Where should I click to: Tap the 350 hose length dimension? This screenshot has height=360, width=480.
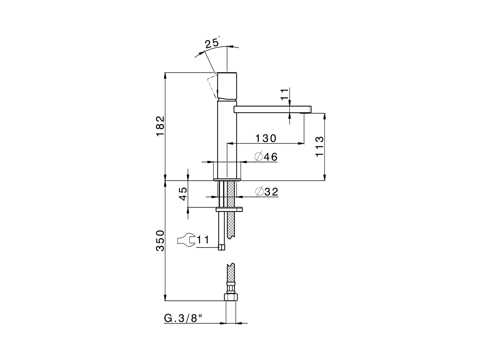(160, 241)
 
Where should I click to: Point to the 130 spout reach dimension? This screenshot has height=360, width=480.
(266, 138)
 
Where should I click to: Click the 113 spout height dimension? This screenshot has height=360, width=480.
(319, 147)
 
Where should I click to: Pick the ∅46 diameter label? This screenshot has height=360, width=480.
(266, 157)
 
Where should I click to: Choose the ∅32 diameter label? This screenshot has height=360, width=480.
(266, 192)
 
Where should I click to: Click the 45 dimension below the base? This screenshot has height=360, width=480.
(183, 193)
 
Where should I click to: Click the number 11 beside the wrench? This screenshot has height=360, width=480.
(202, 240)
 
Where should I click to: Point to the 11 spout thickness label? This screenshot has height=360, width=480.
(285, 94)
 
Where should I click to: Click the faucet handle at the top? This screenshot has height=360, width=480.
(228, 85)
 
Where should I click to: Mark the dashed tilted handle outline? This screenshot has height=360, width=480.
(213, 86)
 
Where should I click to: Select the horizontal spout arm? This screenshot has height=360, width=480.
(272, 109)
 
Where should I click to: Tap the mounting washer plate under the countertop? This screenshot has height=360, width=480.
(229, 209)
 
